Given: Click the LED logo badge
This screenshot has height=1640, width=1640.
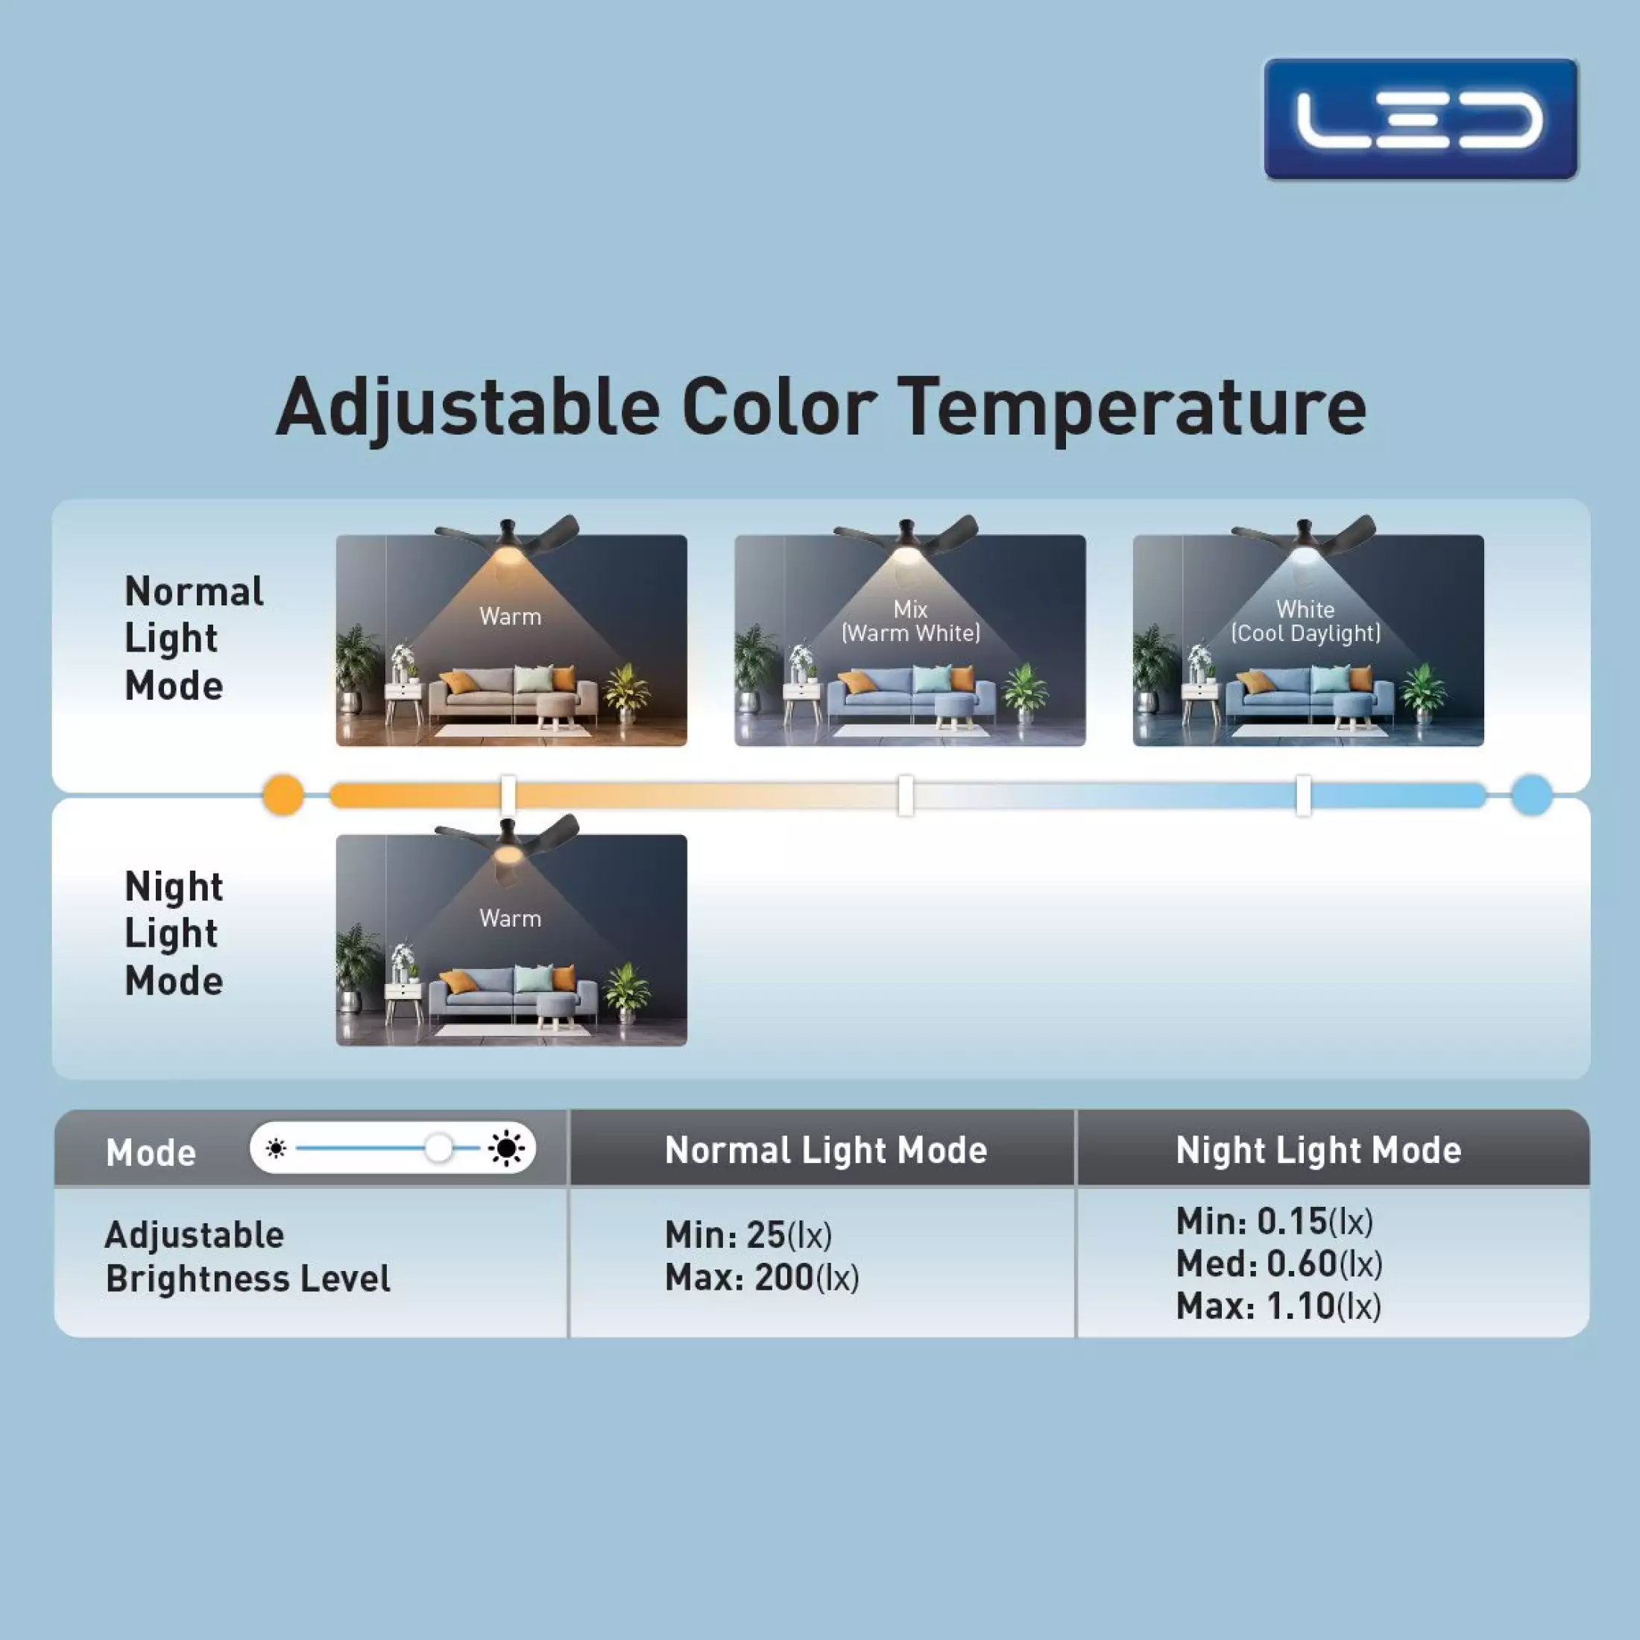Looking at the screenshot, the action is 1420,119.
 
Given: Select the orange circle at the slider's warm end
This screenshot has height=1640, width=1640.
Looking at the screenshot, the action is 283,795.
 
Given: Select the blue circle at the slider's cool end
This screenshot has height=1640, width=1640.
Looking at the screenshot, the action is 1531,795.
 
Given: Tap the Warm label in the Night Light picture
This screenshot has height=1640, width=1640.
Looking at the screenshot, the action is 510,918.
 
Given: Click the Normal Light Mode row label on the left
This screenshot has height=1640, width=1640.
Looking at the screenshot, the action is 194,638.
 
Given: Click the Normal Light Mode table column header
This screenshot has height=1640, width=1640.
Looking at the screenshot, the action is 826,1151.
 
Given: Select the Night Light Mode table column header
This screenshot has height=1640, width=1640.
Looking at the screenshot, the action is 1318,1151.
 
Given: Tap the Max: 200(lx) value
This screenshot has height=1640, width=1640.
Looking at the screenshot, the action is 761,1278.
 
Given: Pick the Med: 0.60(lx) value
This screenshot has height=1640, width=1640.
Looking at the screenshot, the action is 1279,1265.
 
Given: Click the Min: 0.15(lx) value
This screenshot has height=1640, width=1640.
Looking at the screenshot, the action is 1274,1223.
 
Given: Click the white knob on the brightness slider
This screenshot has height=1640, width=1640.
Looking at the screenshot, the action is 439,1149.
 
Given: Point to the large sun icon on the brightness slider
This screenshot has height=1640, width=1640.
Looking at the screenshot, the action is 507,1149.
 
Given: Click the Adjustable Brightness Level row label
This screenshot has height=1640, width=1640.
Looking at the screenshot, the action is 247,1257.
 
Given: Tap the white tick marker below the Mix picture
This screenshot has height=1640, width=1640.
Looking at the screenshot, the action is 906,795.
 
